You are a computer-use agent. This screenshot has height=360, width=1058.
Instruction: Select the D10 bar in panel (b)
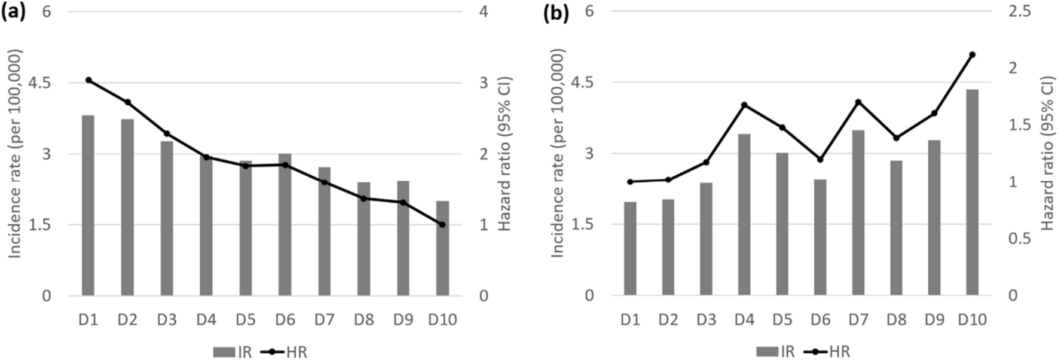tap(972, 192)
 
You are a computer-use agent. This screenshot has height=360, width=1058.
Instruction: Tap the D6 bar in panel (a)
tap(285, 224)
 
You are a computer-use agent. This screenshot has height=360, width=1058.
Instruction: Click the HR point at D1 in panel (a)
tap(88, 80)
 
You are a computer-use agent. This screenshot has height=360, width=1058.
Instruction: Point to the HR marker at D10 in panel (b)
tap(972, 55)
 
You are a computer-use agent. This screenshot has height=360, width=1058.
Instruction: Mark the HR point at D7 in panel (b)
tap(858, 102)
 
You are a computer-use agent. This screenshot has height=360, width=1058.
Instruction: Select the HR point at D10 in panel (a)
tap(442, 225)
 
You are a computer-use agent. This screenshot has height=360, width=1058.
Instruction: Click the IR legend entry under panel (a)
tap(233, 352)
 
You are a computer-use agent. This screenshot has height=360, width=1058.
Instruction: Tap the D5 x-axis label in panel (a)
tap(246, 320)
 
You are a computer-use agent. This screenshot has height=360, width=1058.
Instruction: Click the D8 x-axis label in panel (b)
tap(896, 320)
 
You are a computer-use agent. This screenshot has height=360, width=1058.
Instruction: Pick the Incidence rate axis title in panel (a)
tap(14, 154)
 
